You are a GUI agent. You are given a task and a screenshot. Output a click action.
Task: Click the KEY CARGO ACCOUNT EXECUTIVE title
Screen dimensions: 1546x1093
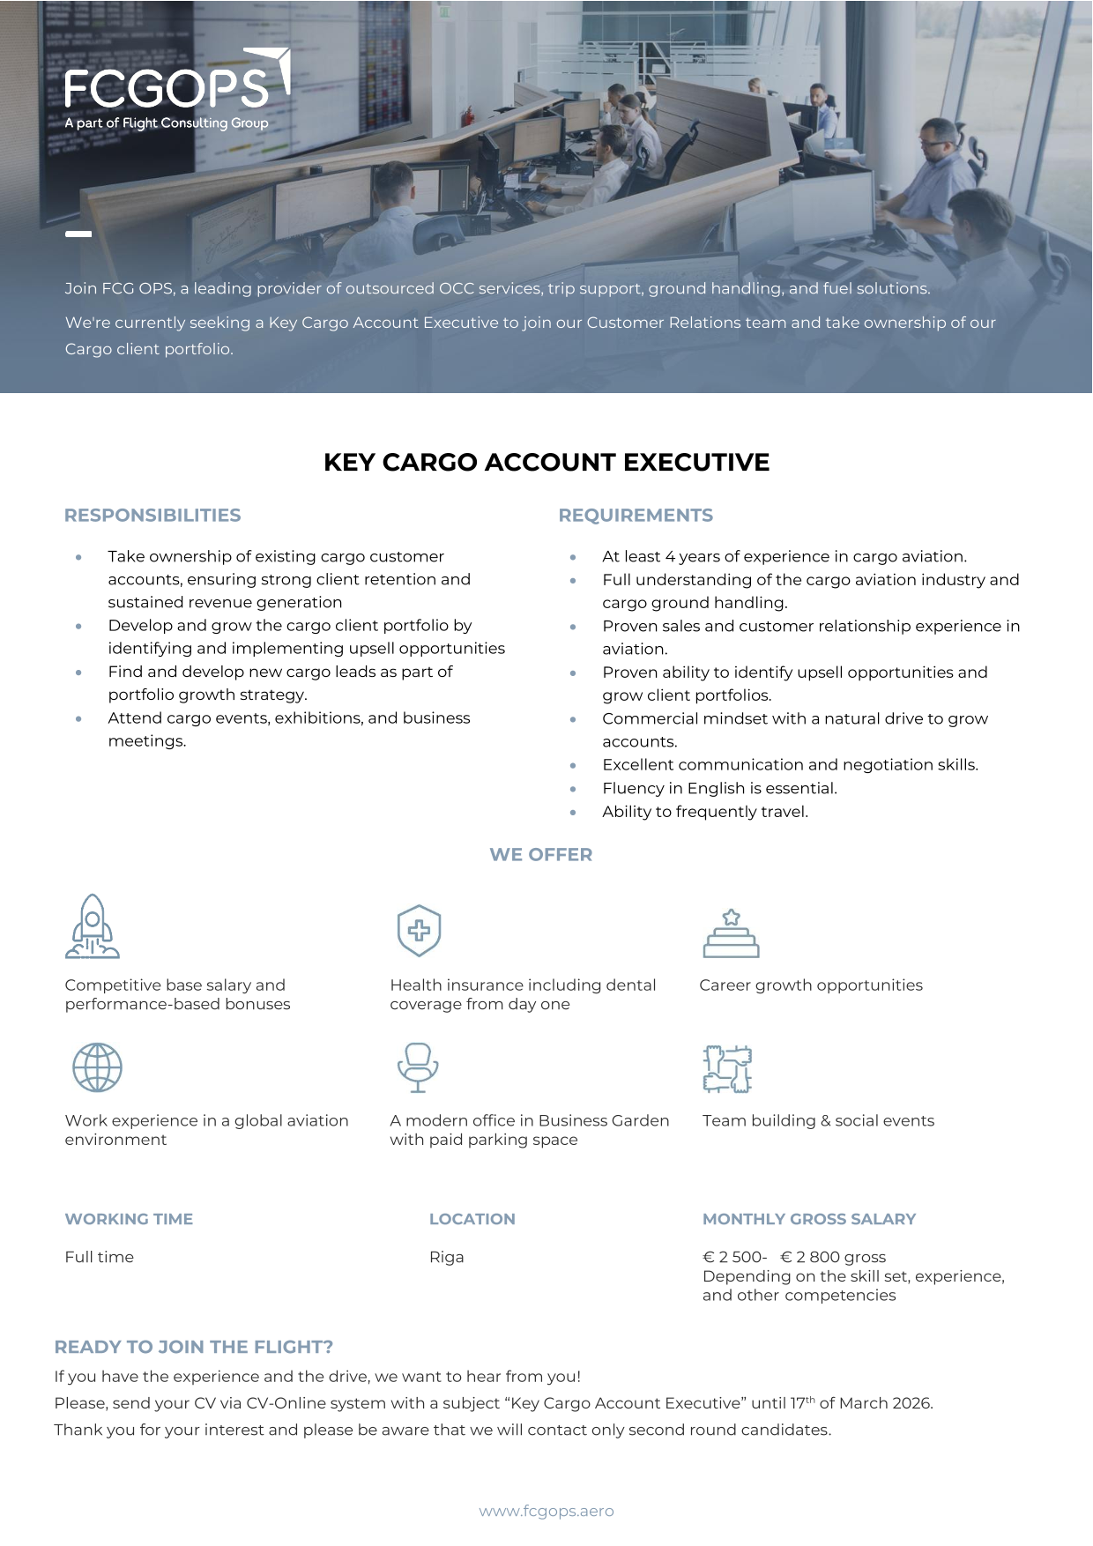point(546,463)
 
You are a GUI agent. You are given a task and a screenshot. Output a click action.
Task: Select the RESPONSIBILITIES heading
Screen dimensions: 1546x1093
point(152,516)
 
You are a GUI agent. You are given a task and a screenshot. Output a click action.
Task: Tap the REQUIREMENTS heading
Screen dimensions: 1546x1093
point(636,516)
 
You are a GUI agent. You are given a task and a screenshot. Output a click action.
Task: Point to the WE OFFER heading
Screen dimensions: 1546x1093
point(541,855)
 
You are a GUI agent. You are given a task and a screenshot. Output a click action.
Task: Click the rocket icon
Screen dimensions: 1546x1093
point(93,926)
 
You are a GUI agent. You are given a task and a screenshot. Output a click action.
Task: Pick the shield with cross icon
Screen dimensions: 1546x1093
point(419,930)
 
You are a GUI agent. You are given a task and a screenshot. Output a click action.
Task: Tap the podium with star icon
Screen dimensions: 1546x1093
point(731,933)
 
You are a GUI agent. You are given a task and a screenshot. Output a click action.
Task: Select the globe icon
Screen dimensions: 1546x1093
point(97,1067)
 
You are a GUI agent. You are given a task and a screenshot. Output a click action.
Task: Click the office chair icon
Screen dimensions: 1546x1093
point(418,1067)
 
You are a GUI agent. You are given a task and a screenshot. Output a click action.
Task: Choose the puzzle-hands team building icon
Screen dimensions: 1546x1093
point(727,1068)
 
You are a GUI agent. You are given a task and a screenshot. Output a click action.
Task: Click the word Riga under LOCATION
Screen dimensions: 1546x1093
point(447,1258)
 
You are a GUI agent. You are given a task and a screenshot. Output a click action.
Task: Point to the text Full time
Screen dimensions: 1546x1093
point(100,1258)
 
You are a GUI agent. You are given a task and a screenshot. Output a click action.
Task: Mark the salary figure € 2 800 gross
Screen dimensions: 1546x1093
point(833,1258)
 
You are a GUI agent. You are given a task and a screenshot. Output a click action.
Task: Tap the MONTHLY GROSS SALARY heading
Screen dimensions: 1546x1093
point(809,1220)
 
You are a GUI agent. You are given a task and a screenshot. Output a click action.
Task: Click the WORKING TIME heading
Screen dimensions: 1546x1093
point(129,1220)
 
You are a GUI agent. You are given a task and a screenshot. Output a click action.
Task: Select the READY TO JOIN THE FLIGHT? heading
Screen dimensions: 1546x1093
point(194,1348)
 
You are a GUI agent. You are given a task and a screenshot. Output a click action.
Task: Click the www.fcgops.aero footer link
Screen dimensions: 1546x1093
point(546,1512)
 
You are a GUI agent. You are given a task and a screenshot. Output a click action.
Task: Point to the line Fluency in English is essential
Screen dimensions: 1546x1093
point(720,789)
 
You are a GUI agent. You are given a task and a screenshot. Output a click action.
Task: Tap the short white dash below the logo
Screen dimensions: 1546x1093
point(78,234)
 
